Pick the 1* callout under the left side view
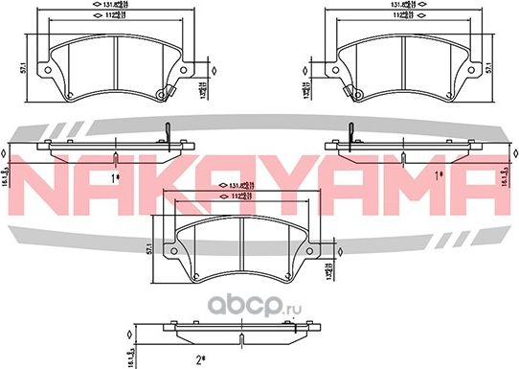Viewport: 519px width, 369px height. (114, 176)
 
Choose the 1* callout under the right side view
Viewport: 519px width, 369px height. (439, 175)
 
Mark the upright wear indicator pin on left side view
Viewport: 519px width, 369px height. (168, 131)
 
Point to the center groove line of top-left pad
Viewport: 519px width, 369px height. (114, 62)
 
